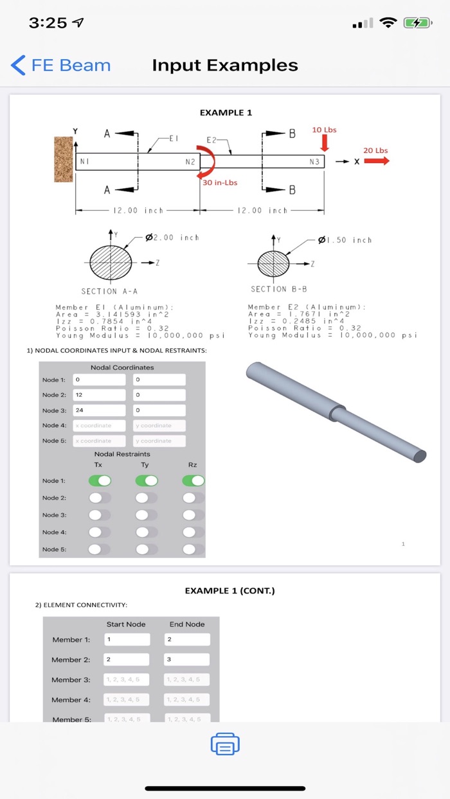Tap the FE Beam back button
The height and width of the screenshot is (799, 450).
[60, 66]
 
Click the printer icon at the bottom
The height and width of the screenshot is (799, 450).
[225, 744]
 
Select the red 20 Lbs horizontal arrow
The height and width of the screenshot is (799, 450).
[376, 161]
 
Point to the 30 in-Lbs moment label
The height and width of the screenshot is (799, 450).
[220, 182]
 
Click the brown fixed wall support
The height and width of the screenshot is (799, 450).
[64, 158]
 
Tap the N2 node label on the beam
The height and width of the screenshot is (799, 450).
[190, 162]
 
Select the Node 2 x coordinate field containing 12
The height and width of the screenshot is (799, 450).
[99, 395]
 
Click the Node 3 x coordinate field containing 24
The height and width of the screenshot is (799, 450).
[99, 410]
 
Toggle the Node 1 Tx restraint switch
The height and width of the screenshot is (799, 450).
[100, 480]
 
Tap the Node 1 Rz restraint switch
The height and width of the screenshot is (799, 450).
[194, 480]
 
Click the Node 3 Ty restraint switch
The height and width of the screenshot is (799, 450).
[147, 515]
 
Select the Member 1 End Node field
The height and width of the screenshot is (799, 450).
[187, 640]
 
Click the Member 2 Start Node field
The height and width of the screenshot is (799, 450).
[127, 660]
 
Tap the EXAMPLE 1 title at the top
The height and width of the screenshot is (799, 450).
[226, 112]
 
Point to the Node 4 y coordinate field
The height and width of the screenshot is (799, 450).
[159, 425]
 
